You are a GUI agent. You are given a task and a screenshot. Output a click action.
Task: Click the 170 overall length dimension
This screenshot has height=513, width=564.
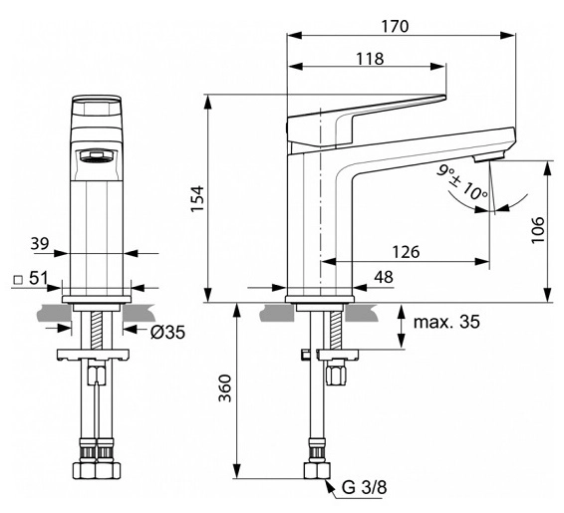coord(395,26)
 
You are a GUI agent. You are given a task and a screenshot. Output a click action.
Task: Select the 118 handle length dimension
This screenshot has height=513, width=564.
coord(370,58)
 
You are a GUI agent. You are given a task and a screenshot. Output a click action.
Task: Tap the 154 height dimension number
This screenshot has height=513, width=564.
coord(198,199)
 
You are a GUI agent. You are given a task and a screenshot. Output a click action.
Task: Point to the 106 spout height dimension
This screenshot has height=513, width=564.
coord(538,230)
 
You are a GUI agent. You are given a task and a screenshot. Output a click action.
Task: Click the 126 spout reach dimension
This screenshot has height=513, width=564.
coord(406,252)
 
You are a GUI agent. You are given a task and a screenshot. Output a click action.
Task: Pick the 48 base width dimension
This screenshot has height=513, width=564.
coord(384,277)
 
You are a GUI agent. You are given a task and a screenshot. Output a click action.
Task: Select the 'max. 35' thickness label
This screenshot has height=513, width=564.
coord(446,322)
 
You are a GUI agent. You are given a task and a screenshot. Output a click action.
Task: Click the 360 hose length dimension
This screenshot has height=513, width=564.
coord(225,388)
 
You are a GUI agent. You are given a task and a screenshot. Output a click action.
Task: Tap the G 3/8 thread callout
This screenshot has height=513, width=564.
coord(365,487)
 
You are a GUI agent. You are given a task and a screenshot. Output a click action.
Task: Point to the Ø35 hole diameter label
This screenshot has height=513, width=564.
coord(167,332)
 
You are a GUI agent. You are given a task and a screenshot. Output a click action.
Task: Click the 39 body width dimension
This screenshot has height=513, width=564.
coord(39,243)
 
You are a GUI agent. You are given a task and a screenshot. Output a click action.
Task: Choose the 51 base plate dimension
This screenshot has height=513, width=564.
coord(38,278)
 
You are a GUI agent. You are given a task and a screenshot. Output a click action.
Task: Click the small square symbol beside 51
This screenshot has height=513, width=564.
coord(18,279)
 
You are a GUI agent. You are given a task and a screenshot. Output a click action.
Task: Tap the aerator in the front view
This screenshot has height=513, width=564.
coord(97,156)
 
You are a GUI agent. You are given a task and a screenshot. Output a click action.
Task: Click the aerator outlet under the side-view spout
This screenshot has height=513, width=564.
coord(490,156)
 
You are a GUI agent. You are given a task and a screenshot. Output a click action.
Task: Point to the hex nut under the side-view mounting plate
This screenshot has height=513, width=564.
coord(337,373)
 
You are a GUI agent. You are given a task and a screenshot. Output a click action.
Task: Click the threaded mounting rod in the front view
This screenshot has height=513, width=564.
coord(97,330)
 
